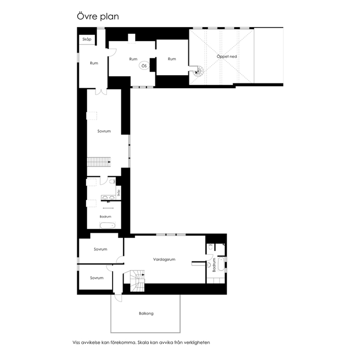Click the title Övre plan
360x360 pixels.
pyautogui.click(x=98, y=17)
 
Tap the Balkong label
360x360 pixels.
pyautogui.click(x=146, y=314)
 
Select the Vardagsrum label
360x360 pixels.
pyautogui.click(x=164, y=259)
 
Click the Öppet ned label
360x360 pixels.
pyautogui.click(x=226, y=56)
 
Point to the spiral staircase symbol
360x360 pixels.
pyautogui.click(x=198, y=71)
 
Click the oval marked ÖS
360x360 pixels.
pyautogui.click(x=144, y=66)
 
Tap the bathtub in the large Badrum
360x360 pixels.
pyautogui.click(x=107, y=225)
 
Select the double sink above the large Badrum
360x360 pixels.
pyautogui.click(x=109, y=197)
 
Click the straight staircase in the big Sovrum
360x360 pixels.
pyautogui.click(x=99, y=162)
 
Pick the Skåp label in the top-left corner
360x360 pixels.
pyautogui.click(x=87, y=39)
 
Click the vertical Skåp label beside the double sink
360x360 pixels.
pyautogui.click(x=118, y=193)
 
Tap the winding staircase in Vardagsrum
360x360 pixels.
pyautogui.click(x=137, y=281)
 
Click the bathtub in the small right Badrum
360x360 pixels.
pyautogui.click(x=221, y=264)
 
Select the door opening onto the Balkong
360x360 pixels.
pyautogui.click(x=118, y=298)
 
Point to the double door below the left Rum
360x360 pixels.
pyautogui.click(x=101, y=92)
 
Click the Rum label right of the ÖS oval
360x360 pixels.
pyautogui.click(x=172, y=59)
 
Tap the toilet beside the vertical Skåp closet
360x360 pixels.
pyautogui.click(x=112, y=182)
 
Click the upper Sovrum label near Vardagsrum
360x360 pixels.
pyautogui.click(x=100, y=249)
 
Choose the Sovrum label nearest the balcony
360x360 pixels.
pyautogui.click(x=97, y=278)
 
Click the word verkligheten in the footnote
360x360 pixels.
pyautogui.click(x=197, y=343)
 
